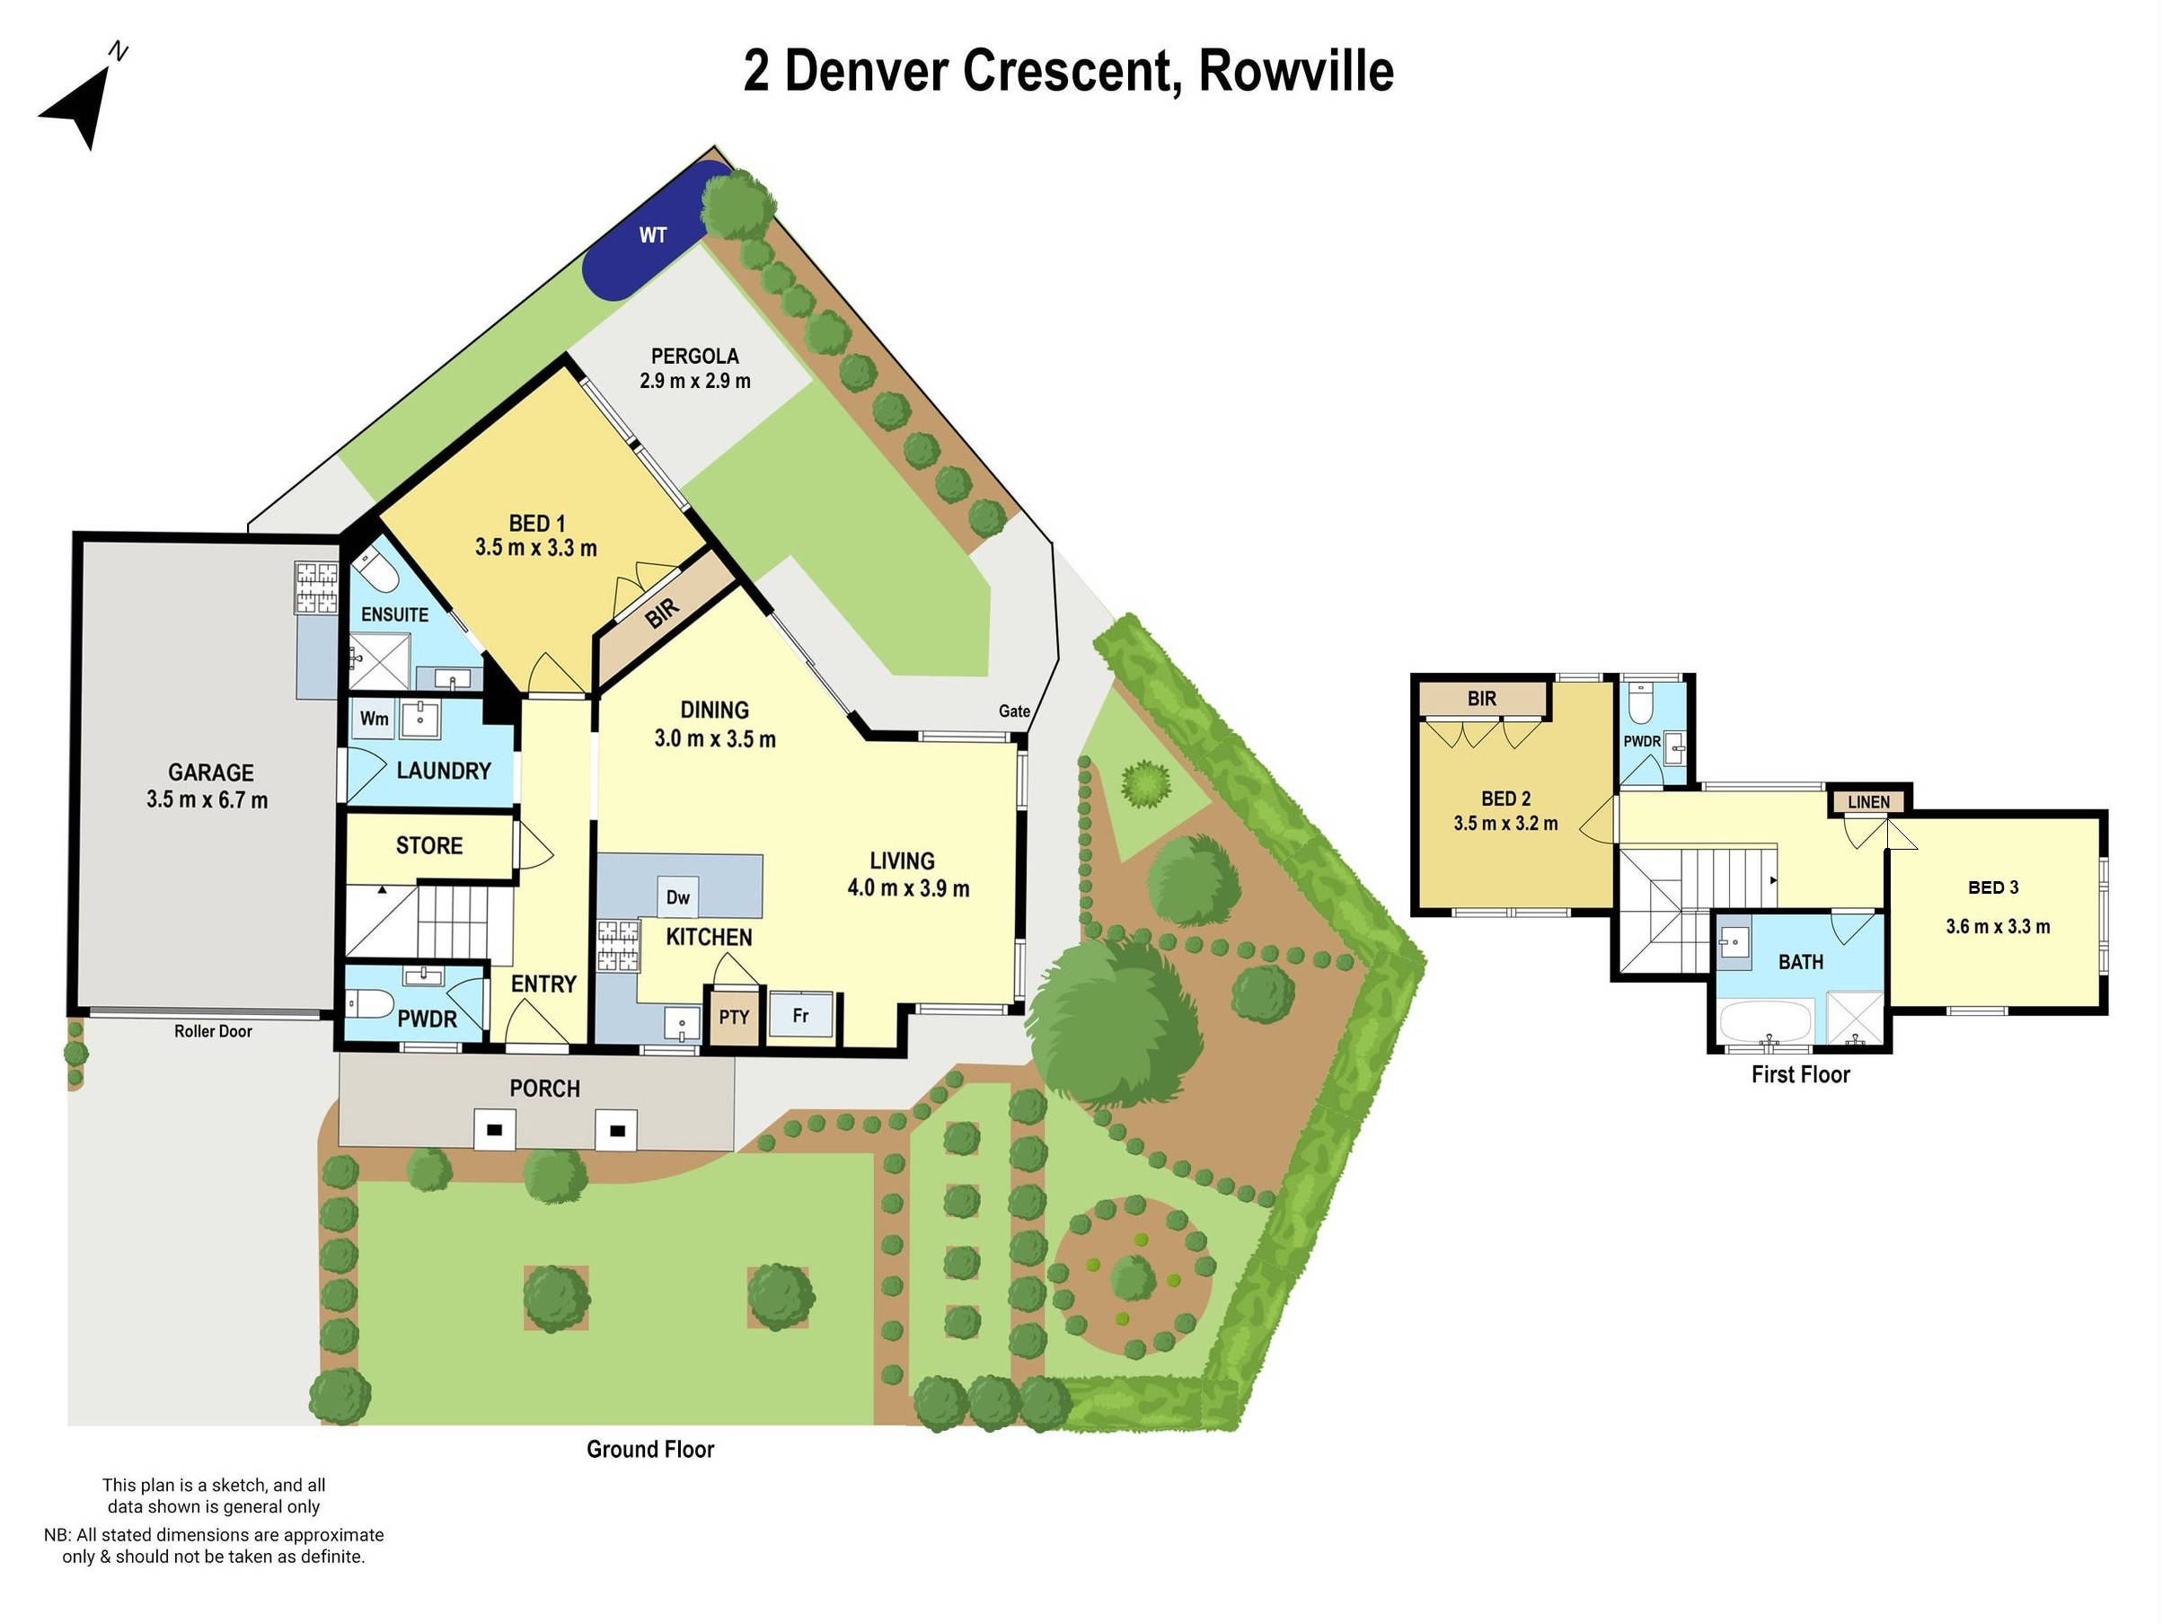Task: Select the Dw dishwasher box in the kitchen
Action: coord(677,897)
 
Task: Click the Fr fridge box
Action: coord(800,1015)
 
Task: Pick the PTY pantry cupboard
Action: coord(733,1017)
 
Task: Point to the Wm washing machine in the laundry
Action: coord(374,719)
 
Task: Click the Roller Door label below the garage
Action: coord(213,1031)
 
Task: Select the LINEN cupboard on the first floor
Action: coord(1867,802)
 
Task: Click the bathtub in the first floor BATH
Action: coord(1765,1021)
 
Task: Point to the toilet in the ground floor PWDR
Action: coord(369,1002)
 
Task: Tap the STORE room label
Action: coord(429,845)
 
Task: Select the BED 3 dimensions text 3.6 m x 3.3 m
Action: coord(1997,926)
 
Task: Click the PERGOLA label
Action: coord(695,356)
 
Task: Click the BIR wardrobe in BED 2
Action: coord(1482,699)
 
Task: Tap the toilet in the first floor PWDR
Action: coord(1641,702)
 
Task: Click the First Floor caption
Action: coord(1799,1075)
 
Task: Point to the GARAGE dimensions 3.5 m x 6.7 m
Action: coord(207,799)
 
